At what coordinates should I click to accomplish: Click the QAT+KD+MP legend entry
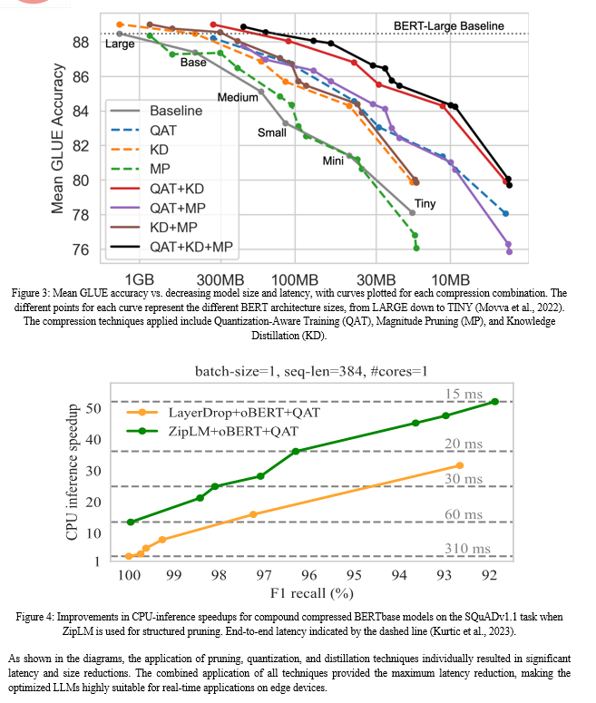(x=171, y=247)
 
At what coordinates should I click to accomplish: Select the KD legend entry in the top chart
(x=140, y=150)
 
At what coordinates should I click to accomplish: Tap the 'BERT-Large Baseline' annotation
(x=448, y=26)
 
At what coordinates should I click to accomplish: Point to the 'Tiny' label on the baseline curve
(x=425, y=203)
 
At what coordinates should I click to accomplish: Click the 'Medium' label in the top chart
(x=238, y=97)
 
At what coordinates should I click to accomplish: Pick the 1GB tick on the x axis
(x=139, y=279)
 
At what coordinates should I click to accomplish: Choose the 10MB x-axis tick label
(x=450, y=279)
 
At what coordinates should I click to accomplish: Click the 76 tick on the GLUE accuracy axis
(x=81, y=249)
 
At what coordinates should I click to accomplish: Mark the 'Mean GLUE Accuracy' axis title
(x=57, y=139)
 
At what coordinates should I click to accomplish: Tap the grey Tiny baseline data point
(x=413, y=213)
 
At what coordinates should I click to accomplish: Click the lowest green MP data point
(x=416, y=248)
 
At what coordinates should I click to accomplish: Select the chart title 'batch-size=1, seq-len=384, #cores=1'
(x=311, y=371)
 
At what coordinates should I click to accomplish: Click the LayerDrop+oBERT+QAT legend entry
(x=223, y=413)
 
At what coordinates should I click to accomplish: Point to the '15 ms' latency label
(x=464, y=394)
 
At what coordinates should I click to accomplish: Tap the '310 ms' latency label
(x=467, y=548)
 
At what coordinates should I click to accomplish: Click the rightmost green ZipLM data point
(x=495, y=402)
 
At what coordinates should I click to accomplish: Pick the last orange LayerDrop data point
(x=459, y=466)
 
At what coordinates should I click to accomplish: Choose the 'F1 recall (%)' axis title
(x=312, y=593)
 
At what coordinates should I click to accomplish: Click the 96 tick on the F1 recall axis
(x=309, y=575)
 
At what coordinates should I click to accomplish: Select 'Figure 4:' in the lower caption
(x=35, y=617)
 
